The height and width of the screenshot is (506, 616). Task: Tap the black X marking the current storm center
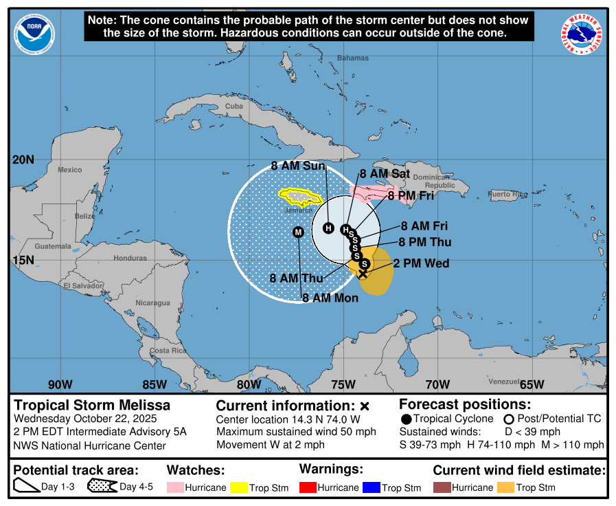[363, 274]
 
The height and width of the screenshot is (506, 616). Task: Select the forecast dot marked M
[298, 232]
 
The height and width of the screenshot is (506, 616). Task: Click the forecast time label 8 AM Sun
[297, 166]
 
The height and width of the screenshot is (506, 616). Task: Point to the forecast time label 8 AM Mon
[332, 298]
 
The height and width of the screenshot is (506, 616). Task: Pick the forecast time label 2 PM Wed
[421, 263]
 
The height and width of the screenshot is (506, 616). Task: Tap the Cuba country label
[234, 106]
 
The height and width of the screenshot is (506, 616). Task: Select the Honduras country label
[130, 258]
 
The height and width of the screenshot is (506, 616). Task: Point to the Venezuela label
[505, 381]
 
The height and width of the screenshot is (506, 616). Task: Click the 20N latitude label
[23, 159]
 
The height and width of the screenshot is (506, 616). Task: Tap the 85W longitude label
[155, 384]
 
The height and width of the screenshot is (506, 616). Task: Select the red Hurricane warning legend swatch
[309, 487]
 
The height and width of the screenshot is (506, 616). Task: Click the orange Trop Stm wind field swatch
[505, 487]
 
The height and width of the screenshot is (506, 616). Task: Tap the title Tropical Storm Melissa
[92, 405]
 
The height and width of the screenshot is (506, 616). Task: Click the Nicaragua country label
[152, 302]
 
